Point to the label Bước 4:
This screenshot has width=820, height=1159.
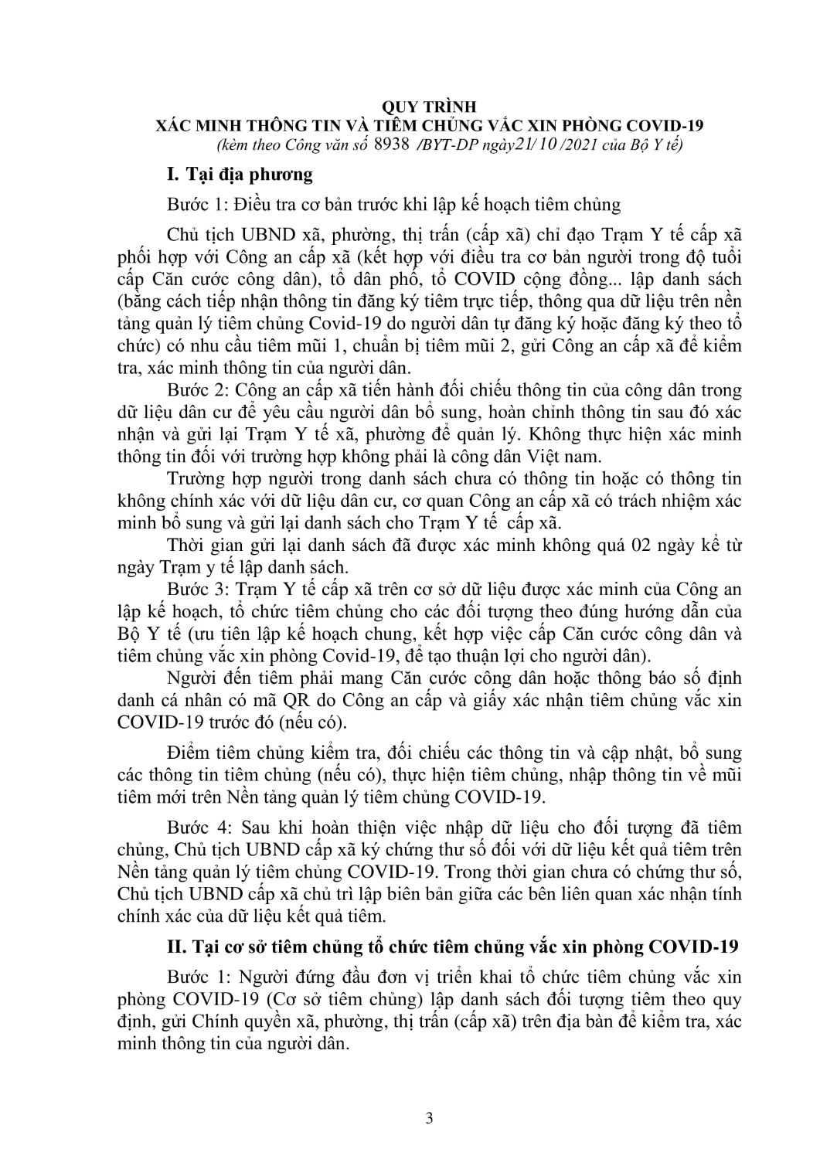click(197, 828)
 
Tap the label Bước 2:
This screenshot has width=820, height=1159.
click(197, 390)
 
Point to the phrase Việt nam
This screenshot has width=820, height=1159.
click(529, 455)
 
